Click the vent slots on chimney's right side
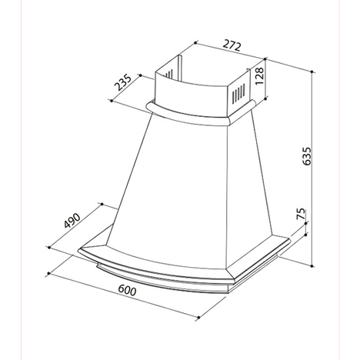click(240, 95)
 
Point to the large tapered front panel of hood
click(185, 185)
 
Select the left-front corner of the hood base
click(82, 249)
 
